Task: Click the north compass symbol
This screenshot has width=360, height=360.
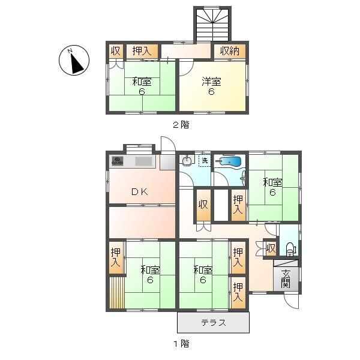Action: tap(74, 61)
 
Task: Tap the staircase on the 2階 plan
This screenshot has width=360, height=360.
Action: tap(213, 25)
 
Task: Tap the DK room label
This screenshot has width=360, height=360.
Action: tap(140, 192)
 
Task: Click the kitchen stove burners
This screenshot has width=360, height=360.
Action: tap(118, 161)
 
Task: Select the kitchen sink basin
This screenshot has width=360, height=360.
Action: tap(144, 161)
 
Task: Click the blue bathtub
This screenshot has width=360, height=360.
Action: tap(231, 161)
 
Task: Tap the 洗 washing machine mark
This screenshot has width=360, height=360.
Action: tap(205, 161)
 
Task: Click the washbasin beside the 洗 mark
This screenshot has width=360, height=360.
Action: tap(187, 161)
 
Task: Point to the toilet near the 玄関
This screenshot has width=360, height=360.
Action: tap(290, 248)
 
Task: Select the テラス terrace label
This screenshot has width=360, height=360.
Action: tap(213, 323)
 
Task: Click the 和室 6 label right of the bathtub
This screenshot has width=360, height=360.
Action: tap(272, 188)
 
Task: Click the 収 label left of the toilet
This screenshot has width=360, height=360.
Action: tap(271, 248)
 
